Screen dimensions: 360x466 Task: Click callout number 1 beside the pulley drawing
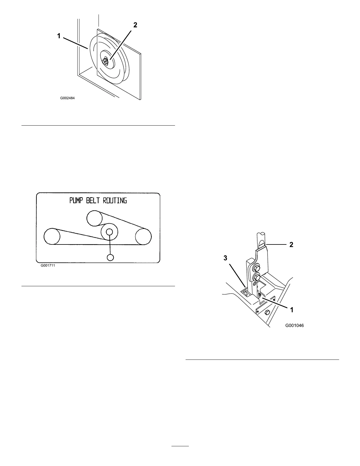point(59,36)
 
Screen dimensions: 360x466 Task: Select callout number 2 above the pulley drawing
point(135,25)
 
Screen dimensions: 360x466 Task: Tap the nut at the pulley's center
point(104,61)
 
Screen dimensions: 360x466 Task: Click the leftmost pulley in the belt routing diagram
point(52,236)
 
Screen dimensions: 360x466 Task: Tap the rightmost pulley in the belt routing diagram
point(143,236)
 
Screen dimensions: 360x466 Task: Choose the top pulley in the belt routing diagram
point(95,218)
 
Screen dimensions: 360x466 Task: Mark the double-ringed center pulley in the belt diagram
point(109,232)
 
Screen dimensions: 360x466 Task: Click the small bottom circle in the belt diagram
point(110,257)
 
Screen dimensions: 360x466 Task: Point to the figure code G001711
point(48,265)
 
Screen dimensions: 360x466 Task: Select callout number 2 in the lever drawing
point(291,244)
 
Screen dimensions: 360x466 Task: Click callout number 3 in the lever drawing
point(225,258)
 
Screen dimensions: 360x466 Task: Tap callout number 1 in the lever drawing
point(292,309)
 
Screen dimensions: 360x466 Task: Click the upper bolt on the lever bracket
point(256,268)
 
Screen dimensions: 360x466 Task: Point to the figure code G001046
point(294,326)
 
